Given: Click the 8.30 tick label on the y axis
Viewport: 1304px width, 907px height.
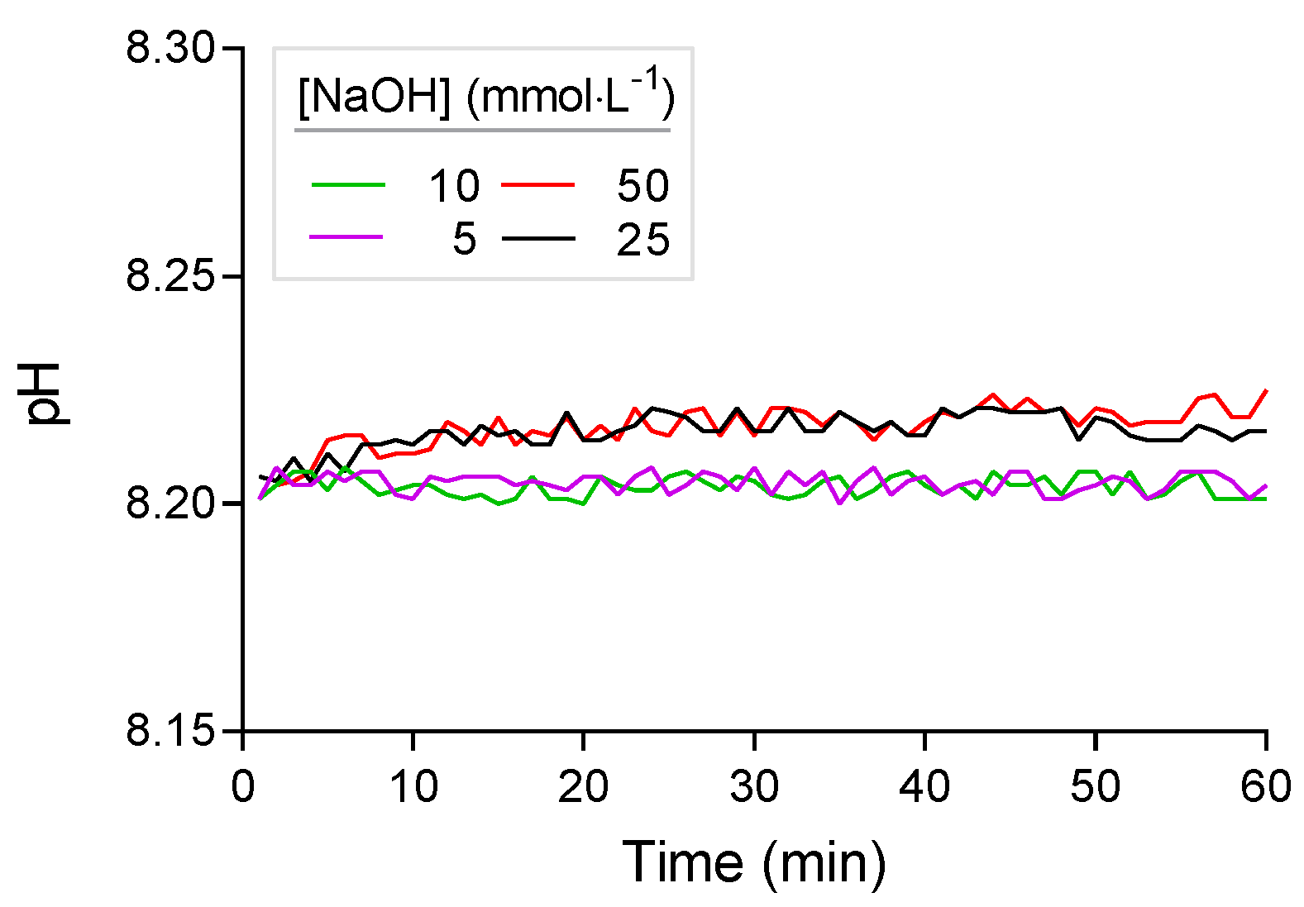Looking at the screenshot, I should click(x=170, y=49).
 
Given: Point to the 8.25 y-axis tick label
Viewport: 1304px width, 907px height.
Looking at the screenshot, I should click(x=170, y=276).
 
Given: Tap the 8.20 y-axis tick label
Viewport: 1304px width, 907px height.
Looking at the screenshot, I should click(x=170, y=504).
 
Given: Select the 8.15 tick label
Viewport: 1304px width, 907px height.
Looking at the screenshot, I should click(x=170, y=731).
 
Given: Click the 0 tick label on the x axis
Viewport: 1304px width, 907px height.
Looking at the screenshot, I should click(x=243, y=786).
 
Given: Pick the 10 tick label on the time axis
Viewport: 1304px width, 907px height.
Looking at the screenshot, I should click(x=413, y=786).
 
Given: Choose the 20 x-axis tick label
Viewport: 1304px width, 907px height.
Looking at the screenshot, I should click(x=584, y=786).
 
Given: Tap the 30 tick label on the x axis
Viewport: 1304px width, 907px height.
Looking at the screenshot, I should click(x=754, y=786).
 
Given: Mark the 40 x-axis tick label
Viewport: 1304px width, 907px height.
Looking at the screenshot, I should click(x=924, y=786).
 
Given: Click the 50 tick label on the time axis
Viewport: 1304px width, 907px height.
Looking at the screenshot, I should click(x=1095, y=786).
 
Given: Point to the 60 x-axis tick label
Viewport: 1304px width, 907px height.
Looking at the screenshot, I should click(x=1265, y=786).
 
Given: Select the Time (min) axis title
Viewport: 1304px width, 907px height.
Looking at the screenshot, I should click(x=753, y=862).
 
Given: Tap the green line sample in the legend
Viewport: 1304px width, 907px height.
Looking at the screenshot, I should click(x=348, y=185).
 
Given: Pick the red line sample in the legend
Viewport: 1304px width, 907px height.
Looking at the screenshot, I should click(x=537, y=185).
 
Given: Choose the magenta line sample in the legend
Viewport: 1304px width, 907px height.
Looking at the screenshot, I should click(x=346, y=237).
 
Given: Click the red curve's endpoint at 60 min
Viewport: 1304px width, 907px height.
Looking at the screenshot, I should click(x=1266, y=390).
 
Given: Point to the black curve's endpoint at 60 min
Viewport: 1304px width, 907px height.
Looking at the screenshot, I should click(x=1266, y=431).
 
